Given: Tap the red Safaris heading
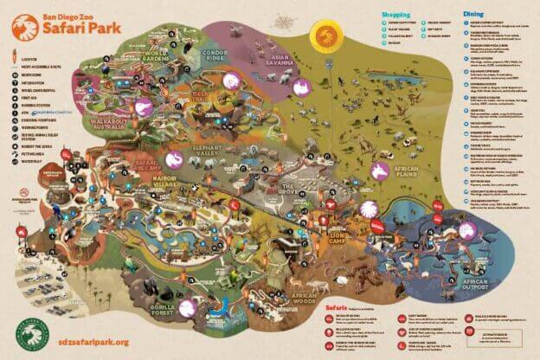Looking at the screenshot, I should [x=336, y=305].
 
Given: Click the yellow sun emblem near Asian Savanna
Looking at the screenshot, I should [x=326, y=35].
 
